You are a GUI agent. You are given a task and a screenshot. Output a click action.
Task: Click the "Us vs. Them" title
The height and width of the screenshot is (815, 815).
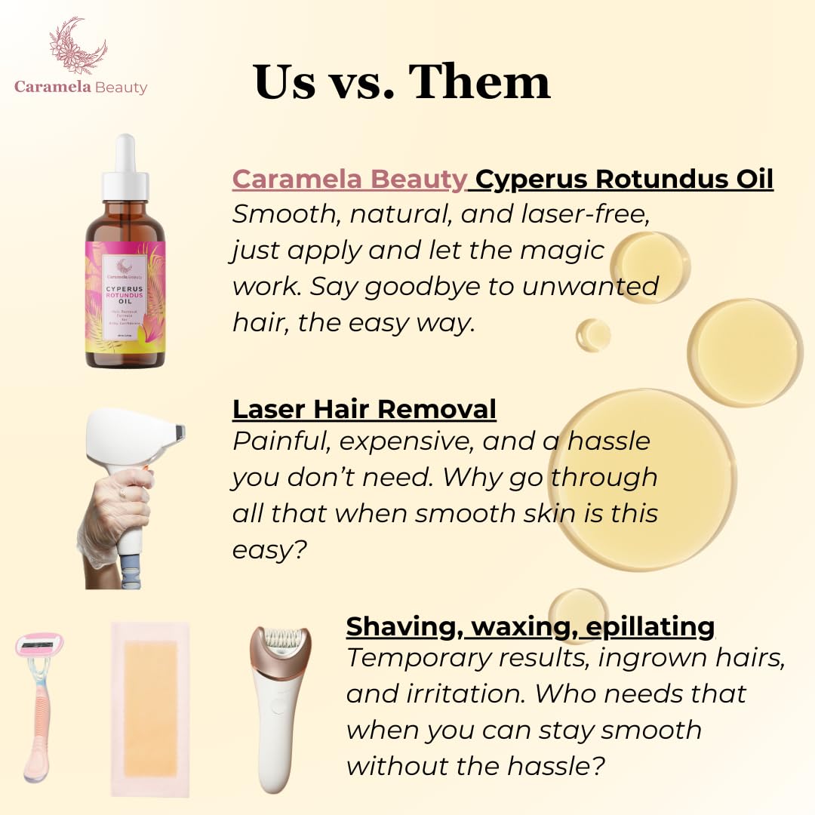tap(402, 81)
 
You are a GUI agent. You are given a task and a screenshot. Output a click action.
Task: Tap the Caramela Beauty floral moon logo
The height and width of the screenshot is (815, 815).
tap(78, 47)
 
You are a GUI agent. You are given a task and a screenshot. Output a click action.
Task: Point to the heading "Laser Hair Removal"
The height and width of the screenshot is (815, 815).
tap(364, 408)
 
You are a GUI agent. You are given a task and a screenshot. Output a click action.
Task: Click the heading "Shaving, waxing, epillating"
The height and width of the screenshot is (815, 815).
tap(531, 626)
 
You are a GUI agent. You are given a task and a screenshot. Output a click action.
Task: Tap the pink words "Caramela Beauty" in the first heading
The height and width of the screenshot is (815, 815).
tap(349, 179)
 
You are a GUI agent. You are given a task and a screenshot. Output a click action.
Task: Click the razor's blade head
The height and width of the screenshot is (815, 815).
tap(40, 644)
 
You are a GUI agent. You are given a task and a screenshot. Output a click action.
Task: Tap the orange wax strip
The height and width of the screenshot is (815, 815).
tap(150, 708)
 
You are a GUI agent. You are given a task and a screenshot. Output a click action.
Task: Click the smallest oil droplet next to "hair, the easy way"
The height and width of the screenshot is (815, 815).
tap(594, 334)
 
